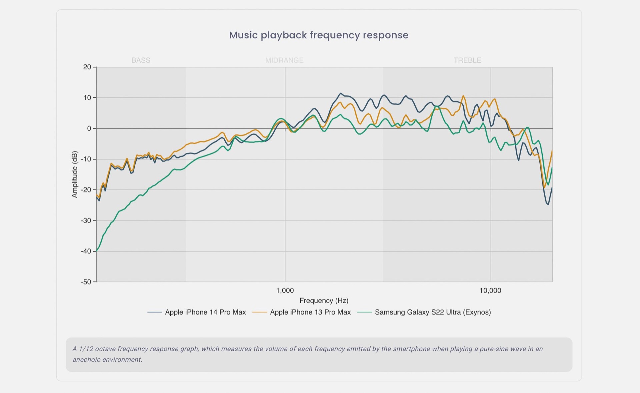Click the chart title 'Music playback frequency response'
point(319,35)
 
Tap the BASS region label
point(141,60)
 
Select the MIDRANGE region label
point(284,60)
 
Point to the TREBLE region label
point(467,60)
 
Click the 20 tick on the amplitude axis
point(87,67)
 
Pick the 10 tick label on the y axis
point(87,98)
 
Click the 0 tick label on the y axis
point(89,128)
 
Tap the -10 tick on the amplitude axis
point(86,159)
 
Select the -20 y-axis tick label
point(86,190)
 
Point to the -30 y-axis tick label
point(86,221)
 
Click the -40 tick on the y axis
point(86,251)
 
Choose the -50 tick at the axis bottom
point(86,282)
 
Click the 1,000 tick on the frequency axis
point(285,291)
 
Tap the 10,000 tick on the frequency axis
point(490,291)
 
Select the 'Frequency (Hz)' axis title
point(324,301)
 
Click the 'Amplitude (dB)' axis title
point(74,174)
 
